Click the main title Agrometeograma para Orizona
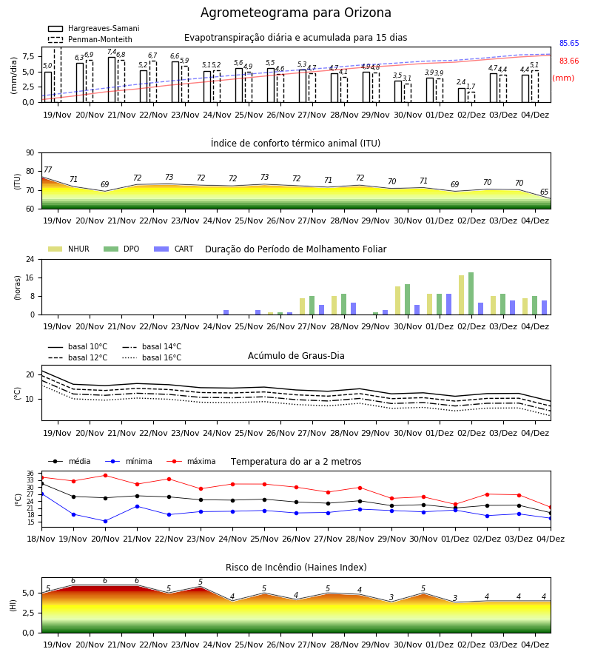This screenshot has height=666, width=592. [295, 13]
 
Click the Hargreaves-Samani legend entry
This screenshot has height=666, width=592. [93, 28]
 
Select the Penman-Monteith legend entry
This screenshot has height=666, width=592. [90, 39]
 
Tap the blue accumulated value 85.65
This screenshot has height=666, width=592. [569, 44]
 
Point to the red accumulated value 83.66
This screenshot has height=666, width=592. [569, 61]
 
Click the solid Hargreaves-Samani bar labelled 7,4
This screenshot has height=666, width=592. [112, 79]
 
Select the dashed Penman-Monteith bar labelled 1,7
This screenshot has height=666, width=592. [471, 97]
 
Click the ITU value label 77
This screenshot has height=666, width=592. [47, 169]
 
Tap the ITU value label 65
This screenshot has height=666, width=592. [544, 192]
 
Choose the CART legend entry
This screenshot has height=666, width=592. [174, 249]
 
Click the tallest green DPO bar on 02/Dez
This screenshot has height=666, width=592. [471, 294]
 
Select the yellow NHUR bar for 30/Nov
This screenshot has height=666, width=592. [398, 300]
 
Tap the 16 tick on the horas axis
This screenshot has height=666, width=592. [30, 277]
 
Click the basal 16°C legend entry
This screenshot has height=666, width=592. [152, 357]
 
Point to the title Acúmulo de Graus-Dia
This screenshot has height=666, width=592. [296, 356]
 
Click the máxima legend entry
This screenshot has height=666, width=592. [192, 461]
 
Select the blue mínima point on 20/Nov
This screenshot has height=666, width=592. [105, 521]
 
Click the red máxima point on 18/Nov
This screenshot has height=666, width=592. [41, 478]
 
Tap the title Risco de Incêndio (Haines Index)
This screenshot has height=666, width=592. [296, 568]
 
